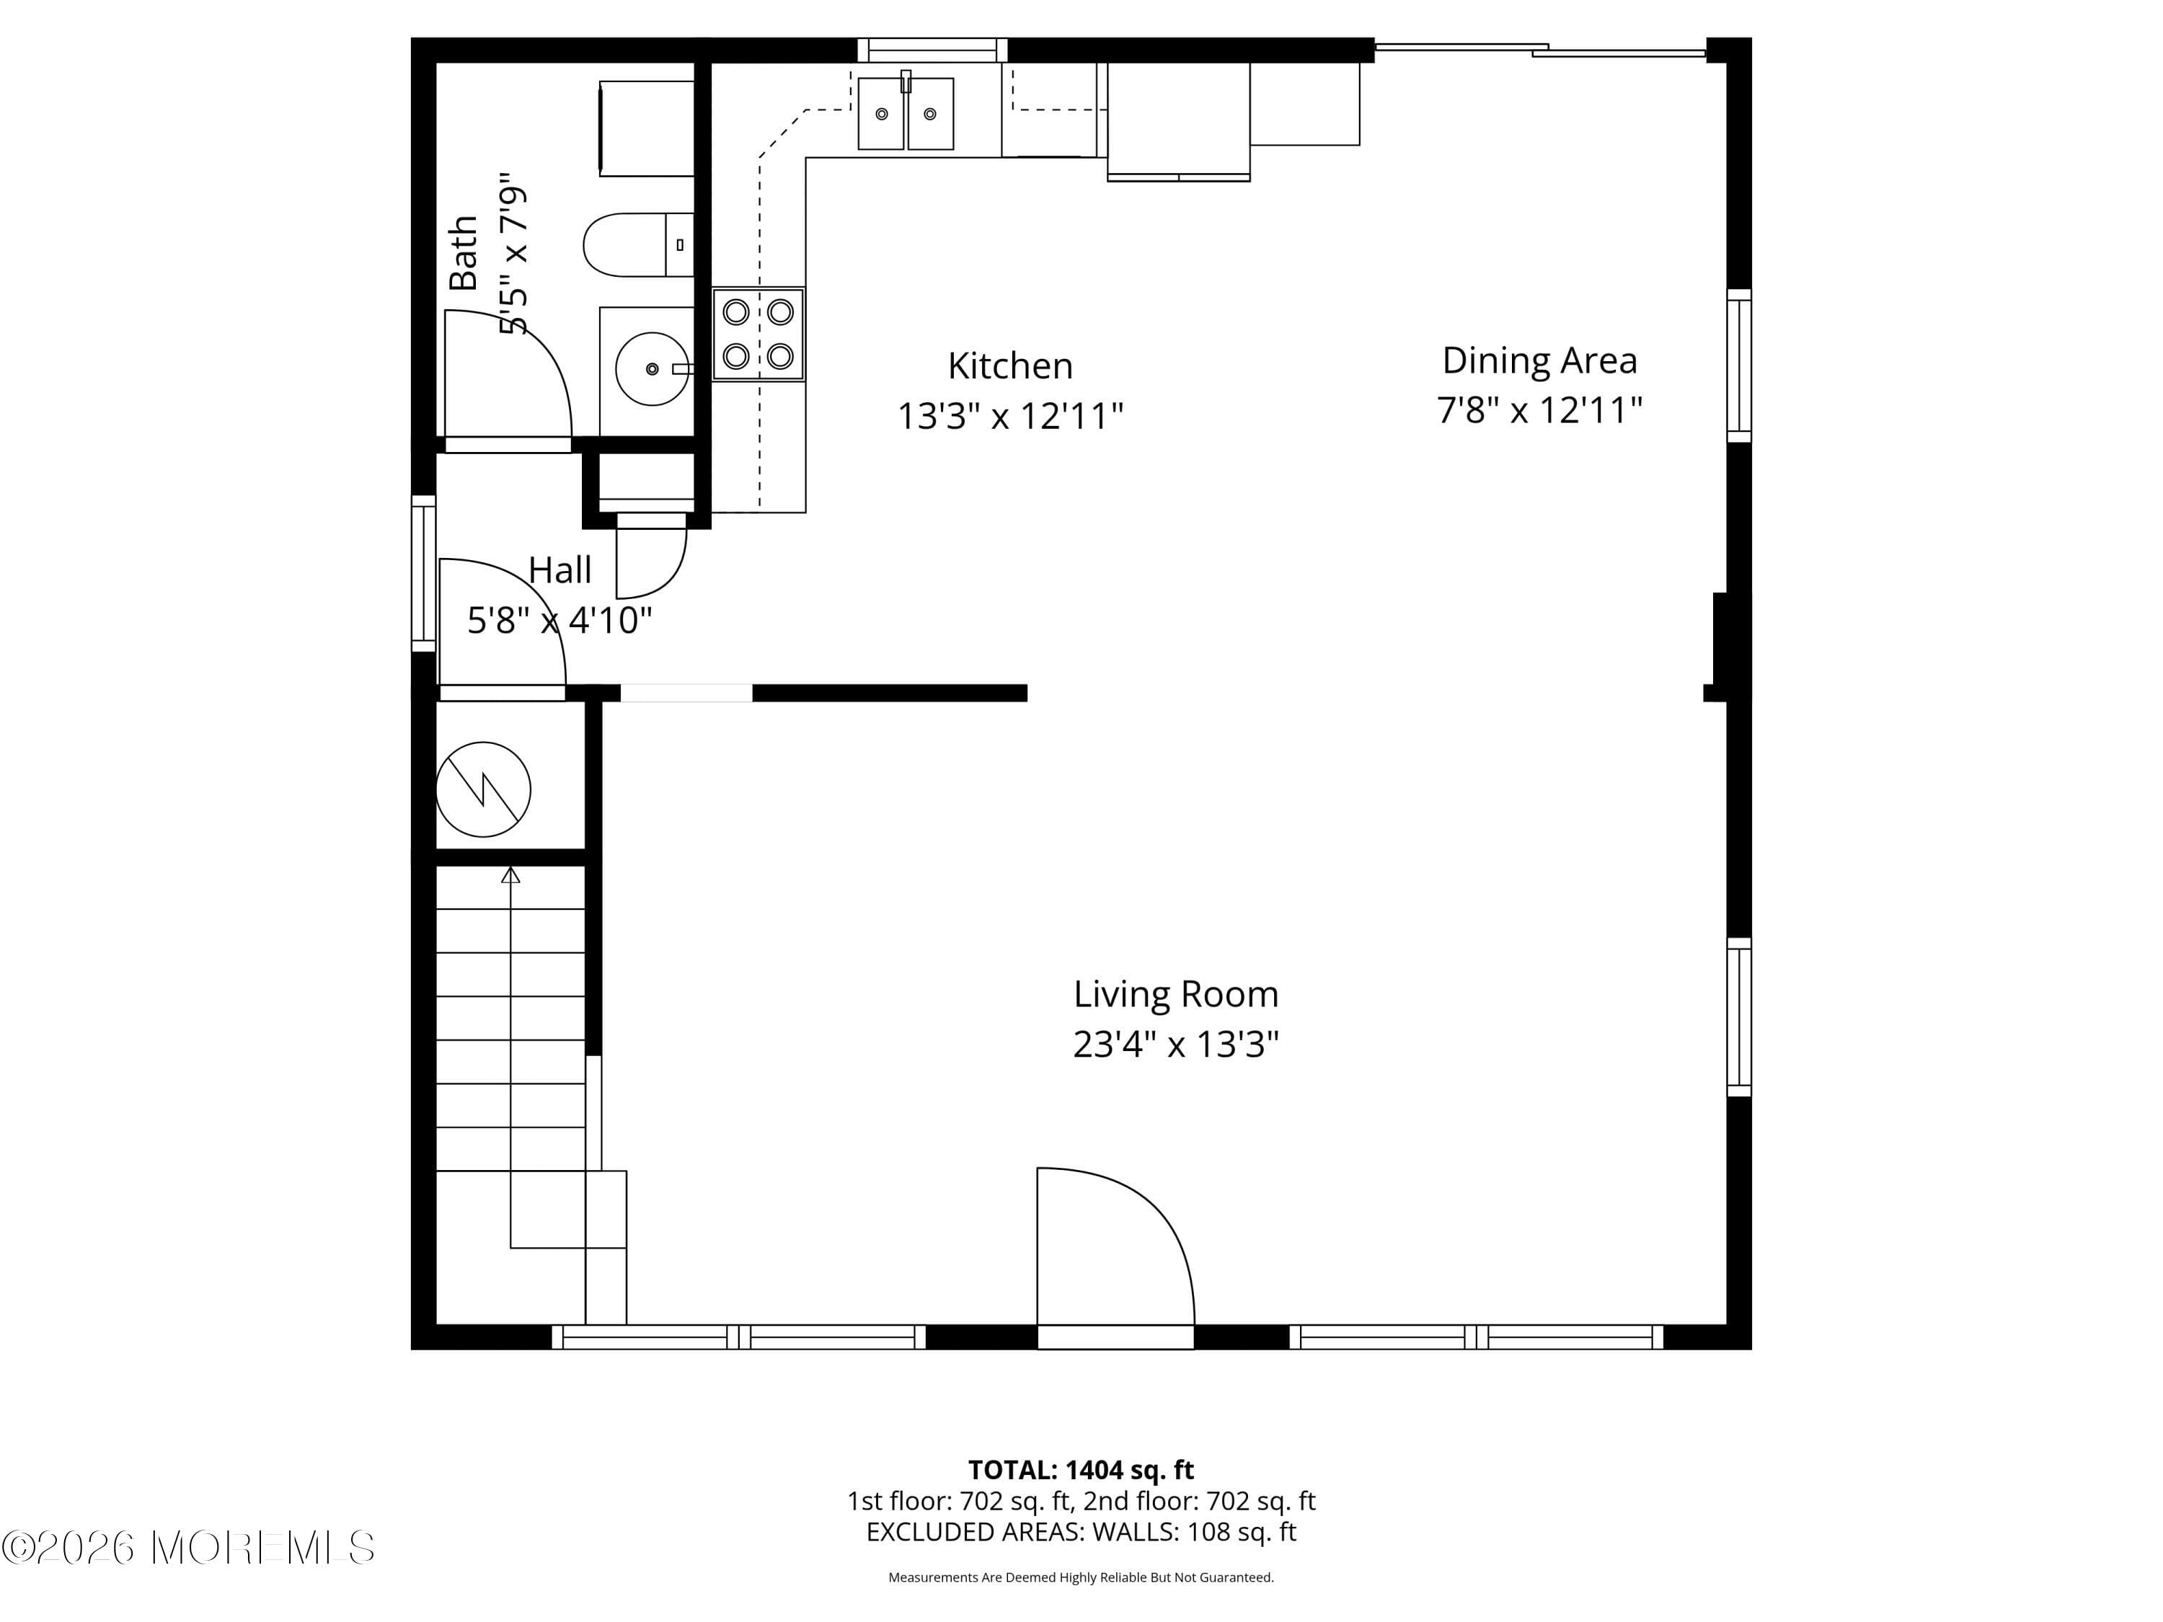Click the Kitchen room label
(x=1010, y=365)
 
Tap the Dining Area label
(x=1539, y=360)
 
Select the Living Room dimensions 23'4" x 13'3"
(x=1175, y=1044)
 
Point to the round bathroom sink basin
(x=651, y=368)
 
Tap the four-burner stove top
(x=758, y=333)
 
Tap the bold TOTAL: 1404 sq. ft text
(x=1081, y=1469)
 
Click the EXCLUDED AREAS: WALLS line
(x=1081, y=1532)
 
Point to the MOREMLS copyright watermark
(x=187, y=1548)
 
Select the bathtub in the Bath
(x=646, y=129)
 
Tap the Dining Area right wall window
(x=1738, y=365)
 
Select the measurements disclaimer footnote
(x=1081, y=1577)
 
